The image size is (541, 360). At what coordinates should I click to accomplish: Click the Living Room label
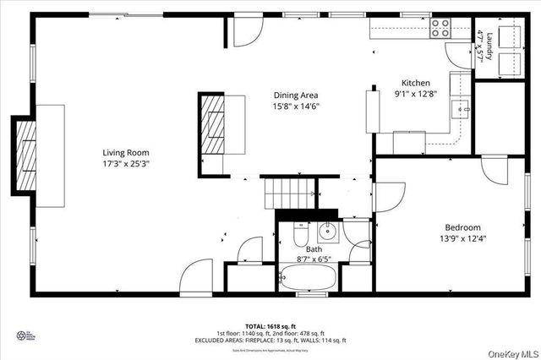tap(126, 152)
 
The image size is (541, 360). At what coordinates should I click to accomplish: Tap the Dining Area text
tap(296, 95)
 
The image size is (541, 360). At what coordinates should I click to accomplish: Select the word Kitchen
tap(415, 83)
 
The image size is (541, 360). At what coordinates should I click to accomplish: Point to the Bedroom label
tap(463, 227)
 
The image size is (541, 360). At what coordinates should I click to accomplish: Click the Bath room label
tap(314, 249)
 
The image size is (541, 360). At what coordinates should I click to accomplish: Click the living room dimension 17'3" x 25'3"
tap(126, 163)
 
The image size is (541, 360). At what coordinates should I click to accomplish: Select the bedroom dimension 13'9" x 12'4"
tap(463, 238)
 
